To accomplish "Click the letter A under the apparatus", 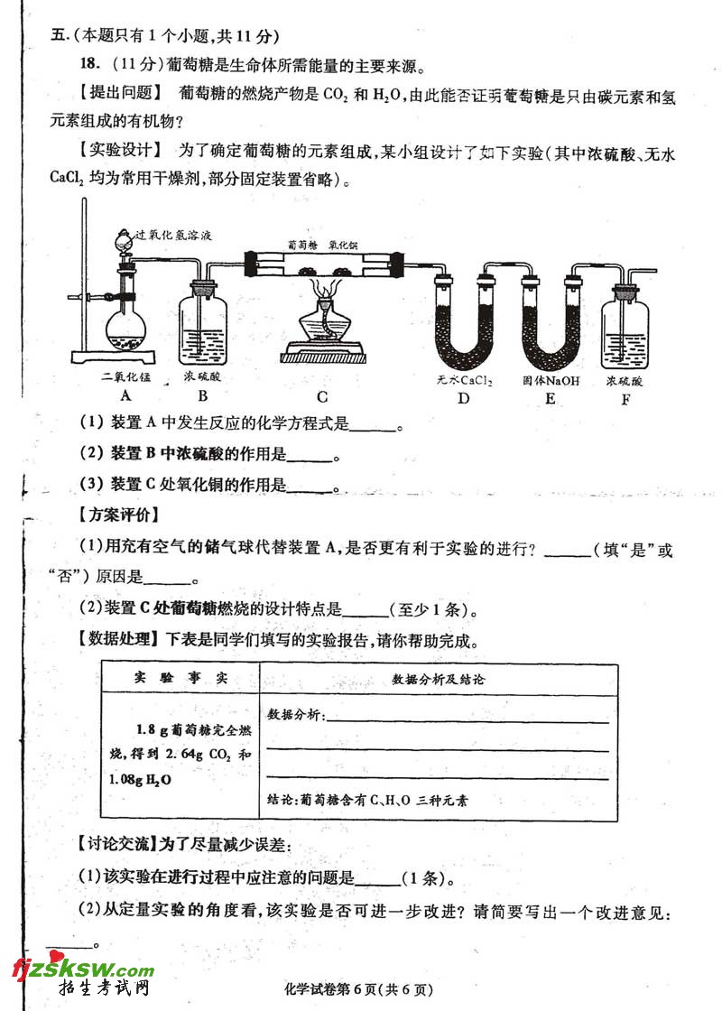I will [125, 395].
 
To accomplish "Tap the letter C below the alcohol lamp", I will [322, 396].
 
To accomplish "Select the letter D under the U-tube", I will [464, 397].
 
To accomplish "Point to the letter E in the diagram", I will [551, 397].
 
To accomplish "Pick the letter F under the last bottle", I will [625, 397].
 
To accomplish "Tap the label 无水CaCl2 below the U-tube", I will [464, 381].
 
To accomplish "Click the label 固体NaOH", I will [551, 381].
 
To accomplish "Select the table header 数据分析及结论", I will [438, 679].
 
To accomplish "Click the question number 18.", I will [88, 65].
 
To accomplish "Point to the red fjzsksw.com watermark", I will [82, 970].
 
